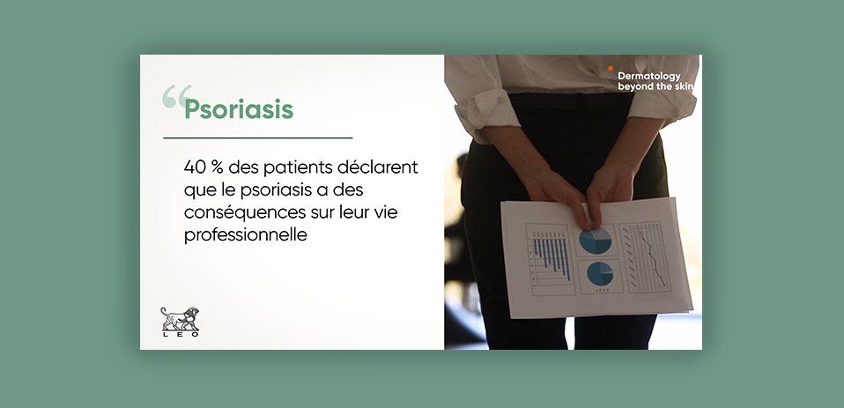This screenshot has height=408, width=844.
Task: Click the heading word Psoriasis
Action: point(239,110)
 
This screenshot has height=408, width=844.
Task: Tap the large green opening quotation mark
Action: point(176,96)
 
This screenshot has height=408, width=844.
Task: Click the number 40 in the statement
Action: point(195,167)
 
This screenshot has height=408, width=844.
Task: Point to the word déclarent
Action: point(378,167)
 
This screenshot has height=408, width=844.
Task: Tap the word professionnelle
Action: point(246,235)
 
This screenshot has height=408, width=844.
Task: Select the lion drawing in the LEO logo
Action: point(180,319)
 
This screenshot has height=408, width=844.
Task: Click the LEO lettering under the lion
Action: point(181,334)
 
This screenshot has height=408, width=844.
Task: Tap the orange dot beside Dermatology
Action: point(611,69)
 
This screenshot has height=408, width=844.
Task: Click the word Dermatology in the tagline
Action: point(649,77)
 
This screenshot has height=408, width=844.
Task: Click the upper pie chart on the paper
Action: point(596,241)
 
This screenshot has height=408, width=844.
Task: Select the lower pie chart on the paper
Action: point(600,273)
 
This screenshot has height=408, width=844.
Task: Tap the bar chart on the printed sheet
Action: point(550,259)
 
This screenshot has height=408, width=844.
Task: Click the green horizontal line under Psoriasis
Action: point(258,138)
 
